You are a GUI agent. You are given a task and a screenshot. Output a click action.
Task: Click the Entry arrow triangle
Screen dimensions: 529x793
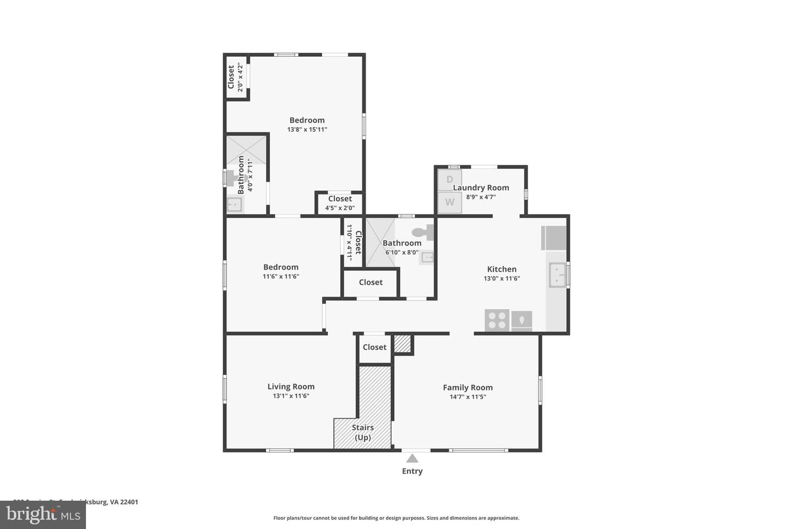point(412,458)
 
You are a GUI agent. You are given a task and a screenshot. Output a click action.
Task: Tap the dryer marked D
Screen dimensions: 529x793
point(449,180)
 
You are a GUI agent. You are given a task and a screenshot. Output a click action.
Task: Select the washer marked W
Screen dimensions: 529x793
point(449,202)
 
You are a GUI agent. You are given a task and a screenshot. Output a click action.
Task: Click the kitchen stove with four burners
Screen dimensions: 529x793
point(497,321)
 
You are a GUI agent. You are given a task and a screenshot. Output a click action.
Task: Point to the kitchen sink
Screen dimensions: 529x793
point(558,275)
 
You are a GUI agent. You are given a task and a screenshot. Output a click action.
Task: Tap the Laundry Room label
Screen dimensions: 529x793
point(481,187)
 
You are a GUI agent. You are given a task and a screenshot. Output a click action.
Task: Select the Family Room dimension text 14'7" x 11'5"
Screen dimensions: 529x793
point(468,397)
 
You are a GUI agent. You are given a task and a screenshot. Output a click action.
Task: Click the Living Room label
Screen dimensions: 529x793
point(291,386)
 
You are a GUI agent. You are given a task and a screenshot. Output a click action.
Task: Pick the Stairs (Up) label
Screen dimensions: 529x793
point(363,432)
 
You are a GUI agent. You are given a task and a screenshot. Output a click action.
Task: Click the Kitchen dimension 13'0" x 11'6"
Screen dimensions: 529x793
point(502,278)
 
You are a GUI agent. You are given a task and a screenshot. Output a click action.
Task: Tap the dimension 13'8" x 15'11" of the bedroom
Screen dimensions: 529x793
point(307,129)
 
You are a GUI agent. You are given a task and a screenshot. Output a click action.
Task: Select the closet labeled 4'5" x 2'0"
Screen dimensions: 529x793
point(340,203)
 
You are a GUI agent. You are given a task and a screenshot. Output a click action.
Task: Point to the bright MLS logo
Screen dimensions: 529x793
point(42,515)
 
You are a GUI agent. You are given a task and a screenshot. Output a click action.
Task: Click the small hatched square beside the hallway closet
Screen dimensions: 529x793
point(403,344)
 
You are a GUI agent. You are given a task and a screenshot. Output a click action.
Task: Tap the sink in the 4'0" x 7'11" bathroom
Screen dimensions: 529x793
point(235,205)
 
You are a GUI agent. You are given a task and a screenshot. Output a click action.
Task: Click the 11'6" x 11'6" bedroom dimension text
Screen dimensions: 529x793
point(281,277)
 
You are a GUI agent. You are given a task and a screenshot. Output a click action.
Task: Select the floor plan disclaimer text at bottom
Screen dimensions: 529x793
point(396,518)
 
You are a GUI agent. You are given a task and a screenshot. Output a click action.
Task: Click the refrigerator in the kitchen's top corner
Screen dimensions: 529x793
point(554,237)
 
